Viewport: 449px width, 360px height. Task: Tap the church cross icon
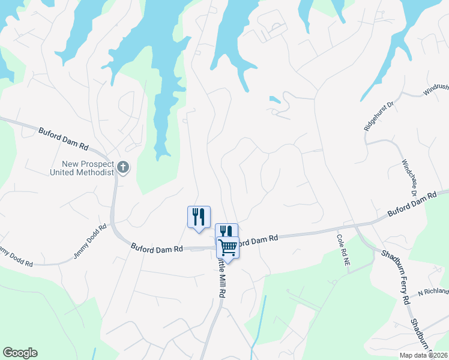coord(123,167)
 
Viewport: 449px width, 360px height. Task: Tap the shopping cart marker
coord(228,247)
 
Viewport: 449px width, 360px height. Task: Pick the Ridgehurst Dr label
coord(378,116)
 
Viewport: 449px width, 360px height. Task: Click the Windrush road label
coord(436,91)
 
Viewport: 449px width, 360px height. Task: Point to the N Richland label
coord(433,292)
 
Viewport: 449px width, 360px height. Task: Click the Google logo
coord(20,353)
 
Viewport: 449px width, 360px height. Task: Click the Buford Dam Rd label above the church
coord(64,138)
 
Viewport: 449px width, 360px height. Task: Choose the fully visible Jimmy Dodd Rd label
coord(90,242)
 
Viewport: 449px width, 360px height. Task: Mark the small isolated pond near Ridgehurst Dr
coord(274,99)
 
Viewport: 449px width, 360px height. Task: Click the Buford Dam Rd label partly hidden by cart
coord(257,239)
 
